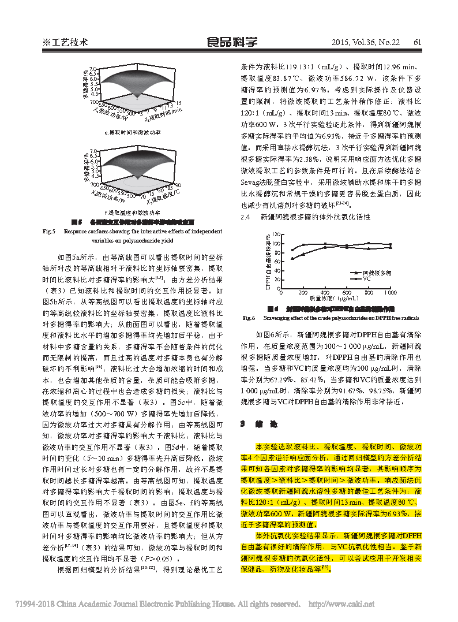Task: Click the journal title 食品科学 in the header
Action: coord(232,42)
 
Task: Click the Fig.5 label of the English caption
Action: coord(49,231)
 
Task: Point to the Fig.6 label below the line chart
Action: coord(249,318)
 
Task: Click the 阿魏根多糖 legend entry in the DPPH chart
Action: coord(375,272)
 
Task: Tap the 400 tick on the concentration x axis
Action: coord(325,293)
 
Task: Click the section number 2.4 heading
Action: coord(246,217)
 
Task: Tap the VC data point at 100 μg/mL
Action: coord(292,250)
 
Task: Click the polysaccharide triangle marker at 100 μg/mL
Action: coord(292,258)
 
